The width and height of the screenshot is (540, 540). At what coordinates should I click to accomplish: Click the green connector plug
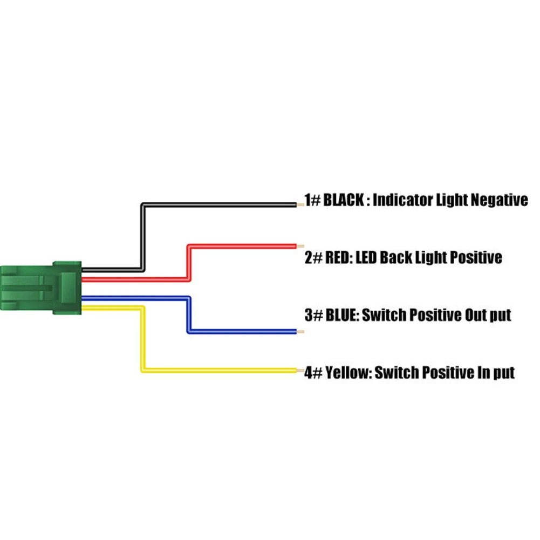click(x=40, y=288)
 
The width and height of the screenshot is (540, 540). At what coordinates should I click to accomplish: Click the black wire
click(x=216, y=204)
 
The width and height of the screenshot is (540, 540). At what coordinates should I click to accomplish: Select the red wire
click(x=243, y=246)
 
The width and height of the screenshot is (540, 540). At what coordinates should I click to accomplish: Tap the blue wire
click(x=243, y=331)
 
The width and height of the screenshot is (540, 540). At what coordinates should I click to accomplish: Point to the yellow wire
click(x=216, y=370)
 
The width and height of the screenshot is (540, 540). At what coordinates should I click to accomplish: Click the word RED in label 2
click(x=338, y=257)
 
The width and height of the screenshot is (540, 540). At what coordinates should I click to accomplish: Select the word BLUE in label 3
click(x=341, y=315)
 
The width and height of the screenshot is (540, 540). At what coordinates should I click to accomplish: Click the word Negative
click(x=499, y=201)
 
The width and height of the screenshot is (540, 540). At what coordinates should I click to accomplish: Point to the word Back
click(x=397, y=257)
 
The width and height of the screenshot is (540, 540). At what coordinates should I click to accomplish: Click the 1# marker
click(x=312, y=201)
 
